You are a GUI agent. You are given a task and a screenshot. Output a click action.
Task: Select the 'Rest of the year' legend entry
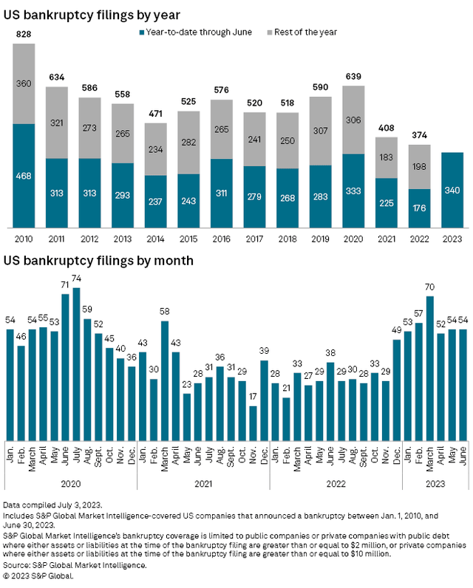[x=304, y=32]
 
